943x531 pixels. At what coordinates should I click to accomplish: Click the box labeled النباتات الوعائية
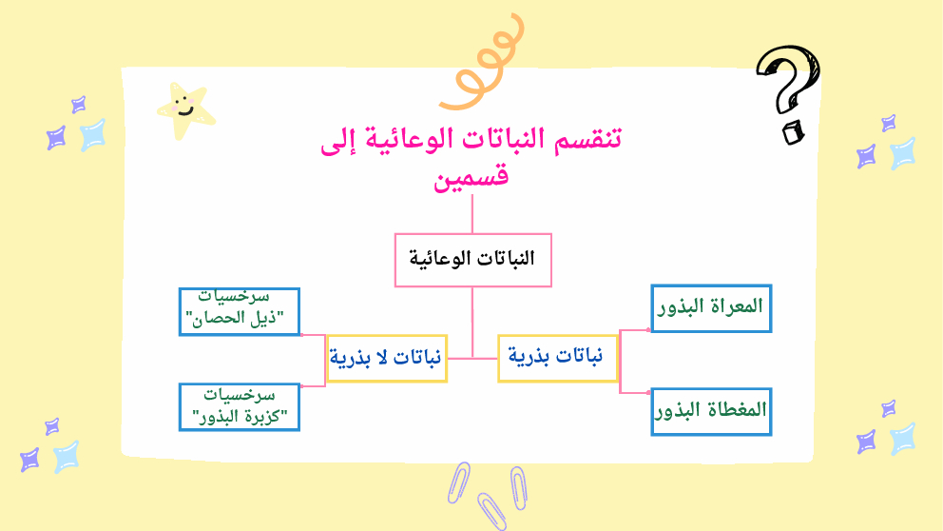tap(472, 260)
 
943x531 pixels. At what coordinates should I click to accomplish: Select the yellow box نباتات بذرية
tap(557, 358)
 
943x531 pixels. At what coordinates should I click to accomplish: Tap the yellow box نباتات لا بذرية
tap(387, 358)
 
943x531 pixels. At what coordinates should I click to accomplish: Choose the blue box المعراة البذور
tap(711, 308)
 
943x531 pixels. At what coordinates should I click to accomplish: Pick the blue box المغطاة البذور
tap(711, 412)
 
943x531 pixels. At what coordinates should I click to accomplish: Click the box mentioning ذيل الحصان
tap(240, 311)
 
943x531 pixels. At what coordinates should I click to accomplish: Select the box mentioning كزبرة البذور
tap(240, 407)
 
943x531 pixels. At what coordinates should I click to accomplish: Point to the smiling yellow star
tap(185, 109)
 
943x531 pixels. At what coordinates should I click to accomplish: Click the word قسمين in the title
tap(471, 177)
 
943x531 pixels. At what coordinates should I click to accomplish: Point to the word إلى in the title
tap(338, 140)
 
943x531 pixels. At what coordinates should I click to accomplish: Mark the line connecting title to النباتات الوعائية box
tap(472, 214)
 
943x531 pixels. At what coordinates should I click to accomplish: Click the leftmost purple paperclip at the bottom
tap(458, 482)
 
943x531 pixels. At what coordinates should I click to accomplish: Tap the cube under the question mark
tap(793, 132)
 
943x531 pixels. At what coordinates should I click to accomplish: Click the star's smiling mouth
tap(185, 112)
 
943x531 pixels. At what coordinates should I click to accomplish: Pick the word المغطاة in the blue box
tap(739, 410)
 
